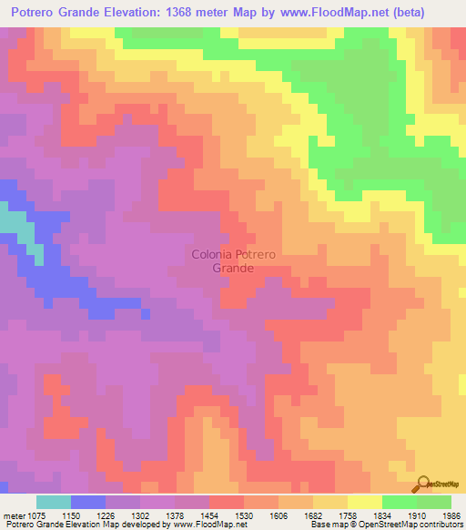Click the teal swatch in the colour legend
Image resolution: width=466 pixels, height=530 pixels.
click(54, 502)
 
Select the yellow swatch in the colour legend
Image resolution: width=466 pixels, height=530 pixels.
click(365, 502)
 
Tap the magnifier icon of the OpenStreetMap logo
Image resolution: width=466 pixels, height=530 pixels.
click(423, 483)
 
